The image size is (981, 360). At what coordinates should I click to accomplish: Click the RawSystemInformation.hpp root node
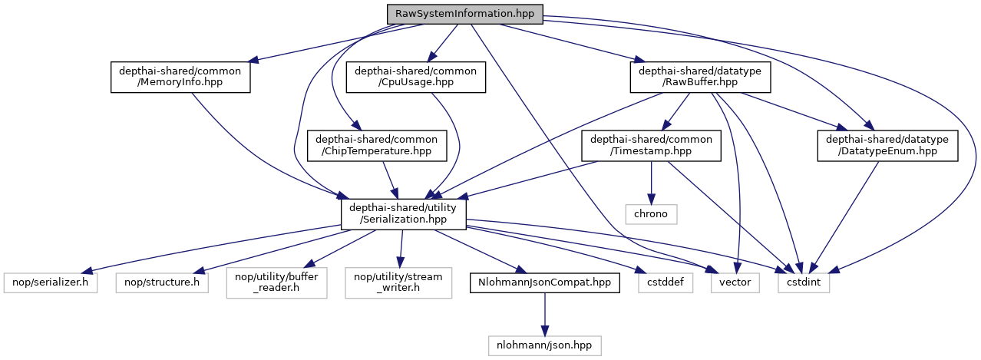tap(464, 13)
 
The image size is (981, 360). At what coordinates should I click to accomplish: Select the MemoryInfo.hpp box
tap(181, 78)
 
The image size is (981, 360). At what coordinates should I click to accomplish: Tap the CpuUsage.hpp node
tap(416, 78)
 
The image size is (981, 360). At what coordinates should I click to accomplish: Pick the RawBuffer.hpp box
tap(700, 78)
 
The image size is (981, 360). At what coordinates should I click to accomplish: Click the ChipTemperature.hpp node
tap(372, 146)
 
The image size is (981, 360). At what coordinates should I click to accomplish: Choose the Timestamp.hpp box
tap(651, 146)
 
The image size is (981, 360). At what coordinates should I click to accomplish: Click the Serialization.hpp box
tap(404, 213)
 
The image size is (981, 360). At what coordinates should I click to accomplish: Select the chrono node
tap(651, 213)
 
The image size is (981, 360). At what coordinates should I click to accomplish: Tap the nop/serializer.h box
tap(50, 282)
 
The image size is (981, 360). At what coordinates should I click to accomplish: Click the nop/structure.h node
tap(162, 282)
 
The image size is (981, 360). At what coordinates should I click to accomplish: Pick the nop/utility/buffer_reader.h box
tap(276, 282)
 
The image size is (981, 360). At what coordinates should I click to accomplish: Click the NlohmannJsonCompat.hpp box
tap(545, 282)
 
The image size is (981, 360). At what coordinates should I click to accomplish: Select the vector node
tap(735, 282)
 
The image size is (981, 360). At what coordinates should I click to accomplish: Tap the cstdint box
tap(804, 282)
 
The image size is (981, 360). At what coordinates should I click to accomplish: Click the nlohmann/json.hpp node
tap(545, 345)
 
